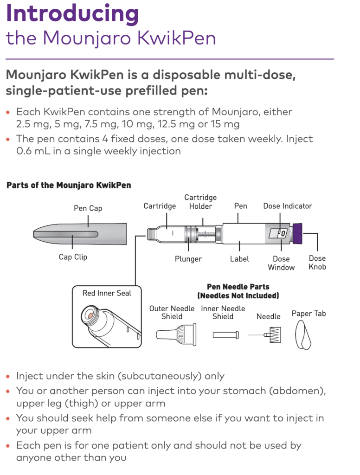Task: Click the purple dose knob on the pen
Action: coord(297,234)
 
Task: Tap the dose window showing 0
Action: coord(277,233)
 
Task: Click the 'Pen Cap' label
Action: coord(88,208)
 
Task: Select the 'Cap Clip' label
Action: coord(73,257)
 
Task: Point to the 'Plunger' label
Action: coord(188,259)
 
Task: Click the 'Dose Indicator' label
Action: coord(288,206)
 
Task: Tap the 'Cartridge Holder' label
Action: coord(200,202)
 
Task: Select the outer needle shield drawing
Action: coord(176,335)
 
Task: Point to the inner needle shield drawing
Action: coord(226,335)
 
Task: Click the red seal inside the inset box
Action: coord(90,315)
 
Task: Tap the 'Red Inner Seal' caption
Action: coord(107,293)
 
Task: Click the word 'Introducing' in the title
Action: coord(72,13)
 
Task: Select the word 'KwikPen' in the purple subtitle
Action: coord(177,38)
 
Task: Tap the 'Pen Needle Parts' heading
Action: coord(238,287)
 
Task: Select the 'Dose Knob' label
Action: coord(317,263)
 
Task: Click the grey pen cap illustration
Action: coord(80,234)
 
